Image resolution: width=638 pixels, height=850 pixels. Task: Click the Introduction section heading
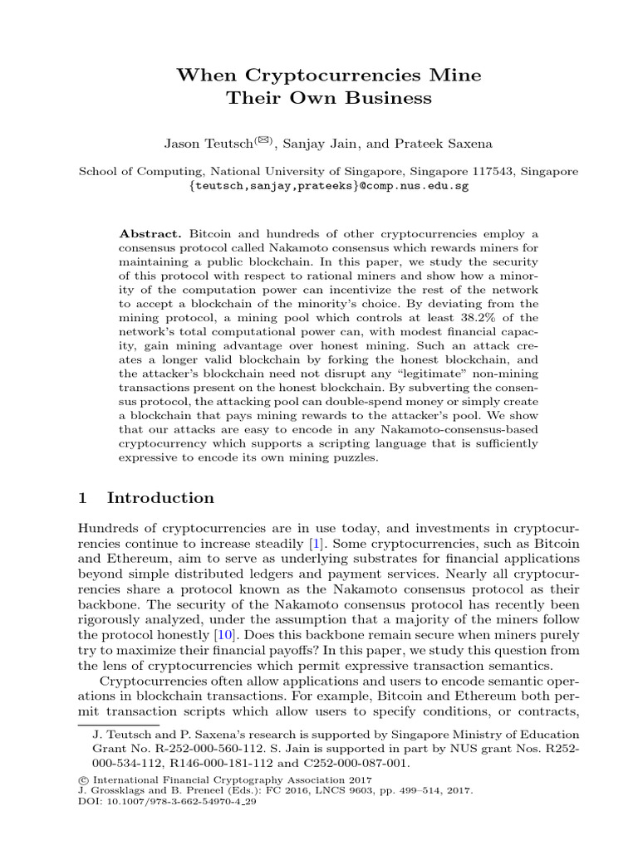[x=160, y=498]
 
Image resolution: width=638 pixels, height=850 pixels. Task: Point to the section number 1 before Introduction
[x=82, y=498]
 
